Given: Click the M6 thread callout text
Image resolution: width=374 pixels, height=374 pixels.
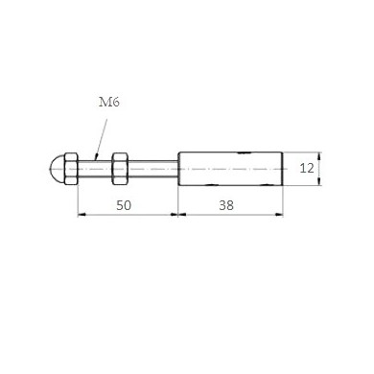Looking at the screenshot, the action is pyautogui.click(x=109, y=103).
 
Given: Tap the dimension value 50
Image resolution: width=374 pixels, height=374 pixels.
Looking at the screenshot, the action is pyautogui.click(x=124, y=205).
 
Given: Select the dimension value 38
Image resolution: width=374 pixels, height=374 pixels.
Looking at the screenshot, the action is pyautogui.click(x=226, y=205).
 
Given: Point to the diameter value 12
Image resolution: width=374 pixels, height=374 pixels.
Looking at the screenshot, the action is pyautogui.click(x=307, y=168).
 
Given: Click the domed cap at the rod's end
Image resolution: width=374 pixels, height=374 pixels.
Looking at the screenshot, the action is pyautogui.click(x=58, y=169).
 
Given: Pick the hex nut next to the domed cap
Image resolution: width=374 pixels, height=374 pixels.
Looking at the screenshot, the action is pyautogui.click(x=71, y=169).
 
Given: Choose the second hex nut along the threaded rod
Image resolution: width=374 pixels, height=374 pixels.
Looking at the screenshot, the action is pyautogui.click(x=120, y=169).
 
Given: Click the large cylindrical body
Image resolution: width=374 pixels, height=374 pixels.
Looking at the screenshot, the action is pyautogui.click(x=230, y=169).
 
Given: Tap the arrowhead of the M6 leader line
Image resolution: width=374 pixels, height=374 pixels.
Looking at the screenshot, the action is pyautogui.click(x=96, y=156).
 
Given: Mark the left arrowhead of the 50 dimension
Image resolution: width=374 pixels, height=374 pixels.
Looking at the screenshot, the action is pyautogui.click(x=82, y=215).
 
